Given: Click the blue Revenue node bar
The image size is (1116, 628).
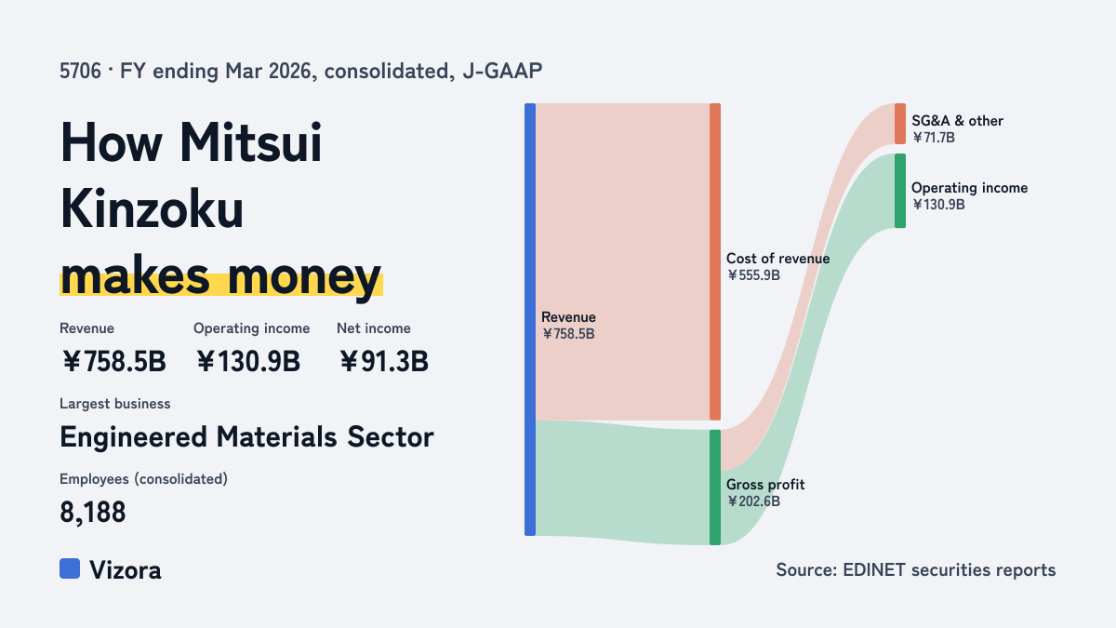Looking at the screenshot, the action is tap(530, 319).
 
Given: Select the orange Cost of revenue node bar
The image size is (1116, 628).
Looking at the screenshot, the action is tap(715, 261).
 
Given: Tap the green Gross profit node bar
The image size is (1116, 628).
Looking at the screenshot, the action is tap(715, 488).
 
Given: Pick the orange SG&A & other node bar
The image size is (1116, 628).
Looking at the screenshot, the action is tap(900, 124).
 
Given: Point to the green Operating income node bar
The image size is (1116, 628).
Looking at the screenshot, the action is tap(900, 191).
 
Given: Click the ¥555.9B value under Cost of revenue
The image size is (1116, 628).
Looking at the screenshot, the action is tap(753, 275).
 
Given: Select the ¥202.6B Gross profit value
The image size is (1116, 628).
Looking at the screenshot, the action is tap(753, 501).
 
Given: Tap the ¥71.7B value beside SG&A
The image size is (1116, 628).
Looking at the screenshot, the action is tap(933, 138).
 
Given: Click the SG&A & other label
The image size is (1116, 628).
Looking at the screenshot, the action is tap(957, 121).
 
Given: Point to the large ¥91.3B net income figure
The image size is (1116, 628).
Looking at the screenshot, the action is tap(383, 361).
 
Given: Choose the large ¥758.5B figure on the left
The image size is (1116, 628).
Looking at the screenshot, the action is tap(113, 361).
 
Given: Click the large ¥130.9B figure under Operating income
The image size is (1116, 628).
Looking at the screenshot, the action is tap(247, 361).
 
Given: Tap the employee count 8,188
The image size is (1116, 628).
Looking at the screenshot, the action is tap(93, 512).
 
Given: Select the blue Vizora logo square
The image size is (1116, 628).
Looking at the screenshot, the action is tap(70, 568).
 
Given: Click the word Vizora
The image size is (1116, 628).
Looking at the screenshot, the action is tap(125, 570).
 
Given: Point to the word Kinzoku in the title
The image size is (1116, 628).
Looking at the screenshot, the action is tap(152, 208).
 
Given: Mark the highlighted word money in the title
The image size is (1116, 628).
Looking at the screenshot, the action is tap(304, 277).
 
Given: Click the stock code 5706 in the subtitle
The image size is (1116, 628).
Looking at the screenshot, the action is tap(80, 72).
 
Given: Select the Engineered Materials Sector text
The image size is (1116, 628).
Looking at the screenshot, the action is tap(246, 437).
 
